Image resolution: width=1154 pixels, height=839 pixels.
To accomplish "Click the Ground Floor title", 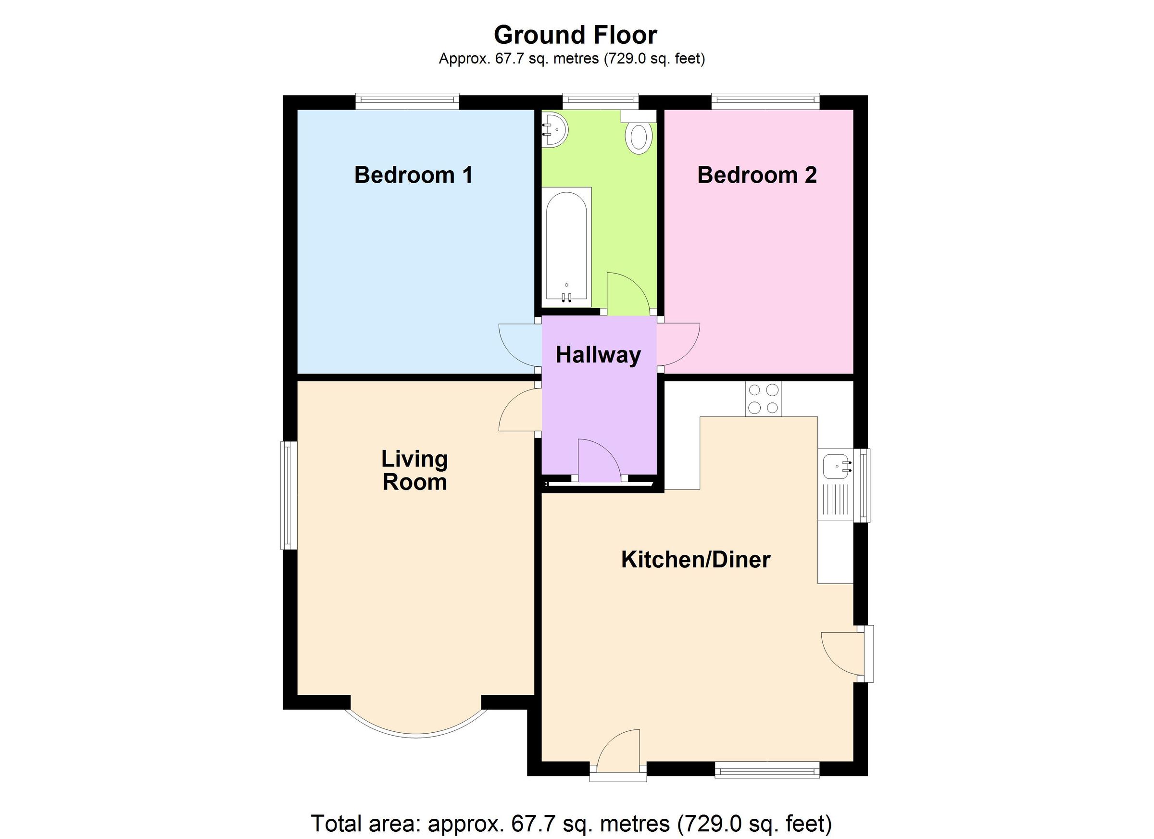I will [576, 35].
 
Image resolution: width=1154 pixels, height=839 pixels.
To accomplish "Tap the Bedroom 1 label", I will [413, 175].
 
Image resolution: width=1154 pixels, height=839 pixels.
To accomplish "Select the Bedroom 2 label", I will [757, 175].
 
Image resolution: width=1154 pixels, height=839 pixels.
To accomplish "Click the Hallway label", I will [598, 355].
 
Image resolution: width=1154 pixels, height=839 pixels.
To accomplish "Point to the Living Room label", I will [414, 471].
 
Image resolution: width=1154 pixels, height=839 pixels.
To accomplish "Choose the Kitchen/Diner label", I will [696, 560].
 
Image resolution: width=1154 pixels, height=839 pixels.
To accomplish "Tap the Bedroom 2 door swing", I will [678, 344].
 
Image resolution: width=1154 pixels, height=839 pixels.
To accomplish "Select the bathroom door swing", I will [627, 294].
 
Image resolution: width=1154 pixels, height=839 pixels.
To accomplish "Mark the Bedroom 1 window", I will [407, 101].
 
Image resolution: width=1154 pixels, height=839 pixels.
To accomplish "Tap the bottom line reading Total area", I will [571, 823].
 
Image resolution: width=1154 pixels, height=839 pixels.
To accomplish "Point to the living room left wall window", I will [289, 495].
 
